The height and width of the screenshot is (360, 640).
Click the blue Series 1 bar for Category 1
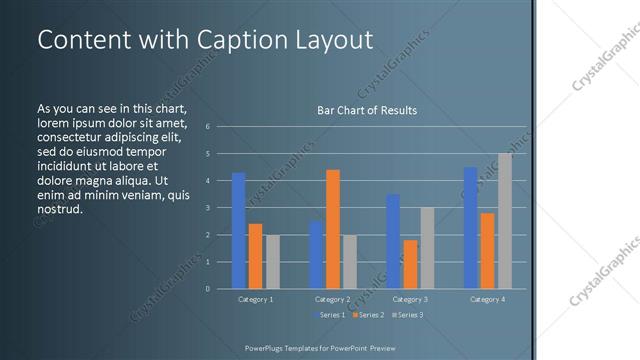click(x=238, y=231)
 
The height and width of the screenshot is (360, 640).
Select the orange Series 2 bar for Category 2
click(x=333, y=229)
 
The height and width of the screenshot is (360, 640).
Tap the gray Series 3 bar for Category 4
click(x=504, y=221)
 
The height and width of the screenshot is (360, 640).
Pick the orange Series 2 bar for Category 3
click(x=410, y=264)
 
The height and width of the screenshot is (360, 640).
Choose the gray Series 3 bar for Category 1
click(x=272, y=262)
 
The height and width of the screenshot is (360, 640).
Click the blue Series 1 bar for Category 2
click(x=316, y=255)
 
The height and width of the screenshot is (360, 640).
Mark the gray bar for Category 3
click(x=427, y=248)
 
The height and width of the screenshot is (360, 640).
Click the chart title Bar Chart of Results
click(x=367, y=110)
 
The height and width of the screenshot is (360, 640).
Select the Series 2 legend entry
click(x=367, y=315)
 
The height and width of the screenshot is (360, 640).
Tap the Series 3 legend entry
click(x=407, y=315)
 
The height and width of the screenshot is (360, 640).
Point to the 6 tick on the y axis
click(x=207, y=127)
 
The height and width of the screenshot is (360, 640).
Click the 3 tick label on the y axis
click(x=207, y=208)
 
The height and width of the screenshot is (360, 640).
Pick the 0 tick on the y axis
click(x=207, y=289)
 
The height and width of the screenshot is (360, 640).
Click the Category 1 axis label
click(x=255, y=299)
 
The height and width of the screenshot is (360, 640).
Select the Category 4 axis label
click(x=487, y=299)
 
